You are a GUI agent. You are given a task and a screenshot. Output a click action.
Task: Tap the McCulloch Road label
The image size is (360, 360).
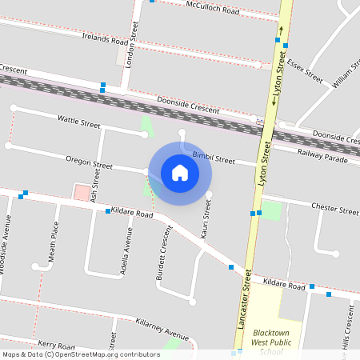tap(213, 10)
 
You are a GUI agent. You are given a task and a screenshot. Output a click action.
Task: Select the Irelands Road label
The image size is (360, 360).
tap(105, 39)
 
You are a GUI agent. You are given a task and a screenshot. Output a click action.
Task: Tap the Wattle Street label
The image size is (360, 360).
tap(78, 122)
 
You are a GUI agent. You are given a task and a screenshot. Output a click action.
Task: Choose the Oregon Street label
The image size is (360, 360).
tap(89, 162)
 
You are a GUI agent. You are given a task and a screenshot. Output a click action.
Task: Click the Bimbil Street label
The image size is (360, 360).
tap(214, 158)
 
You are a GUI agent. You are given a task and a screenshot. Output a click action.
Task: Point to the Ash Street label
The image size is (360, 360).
tap(96, 190)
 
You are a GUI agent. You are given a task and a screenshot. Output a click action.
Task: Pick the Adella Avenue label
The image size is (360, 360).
tap(126, 251)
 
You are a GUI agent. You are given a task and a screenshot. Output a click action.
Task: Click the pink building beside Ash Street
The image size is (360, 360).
tap(81, 192)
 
